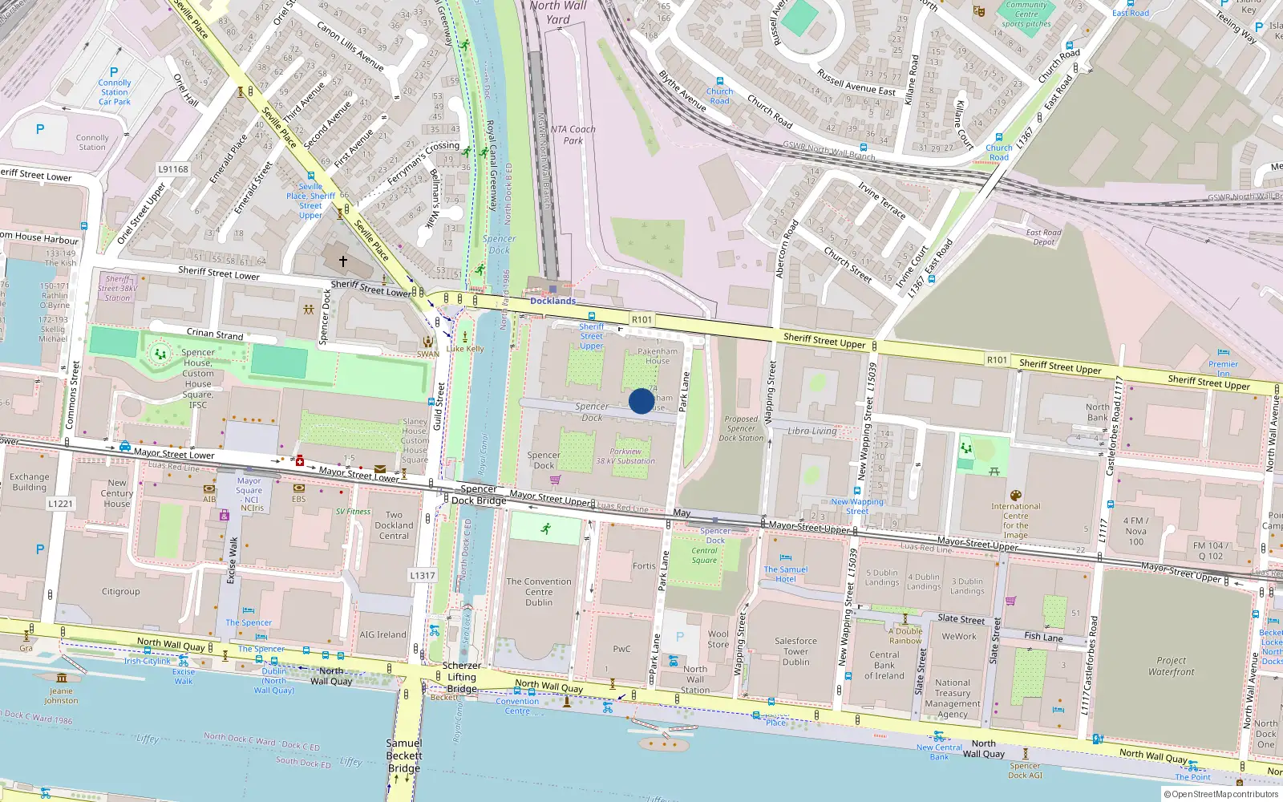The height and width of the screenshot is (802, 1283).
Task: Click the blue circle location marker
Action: (x=641, y=401)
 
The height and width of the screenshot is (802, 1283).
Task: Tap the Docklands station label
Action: (x=552, y=301)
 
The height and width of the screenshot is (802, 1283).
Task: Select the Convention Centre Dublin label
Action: (x=539, y=592)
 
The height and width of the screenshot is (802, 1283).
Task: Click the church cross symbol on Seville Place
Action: (x=342, y=261)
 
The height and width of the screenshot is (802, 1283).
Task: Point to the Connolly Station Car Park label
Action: (x=115, y=91)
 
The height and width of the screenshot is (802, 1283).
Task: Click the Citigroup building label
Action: (x=120, y=592)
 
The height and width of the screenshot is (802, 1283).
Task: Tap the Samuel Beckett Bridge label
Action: (x=404, y=755)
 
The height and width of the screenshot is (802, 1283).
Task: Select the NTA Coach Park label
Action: (x=573, y=135)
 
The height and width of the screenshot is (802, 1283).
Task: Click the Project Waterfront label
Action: (x=1171, y=666)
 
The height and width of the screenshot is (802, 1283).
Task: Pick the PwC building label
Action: (x=621, y=649)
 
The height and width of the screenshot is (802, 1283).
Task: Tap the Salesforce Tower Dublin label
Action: (x=795, y=651)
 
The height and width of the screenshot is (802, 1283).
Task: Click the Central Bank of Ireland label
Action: (x=884, y=665)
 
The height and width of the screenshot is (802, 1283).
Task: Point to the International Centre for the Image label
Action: (x=1015, y=520)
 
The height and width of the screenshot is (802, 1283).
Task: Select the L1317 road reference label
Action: (x=422, y=575)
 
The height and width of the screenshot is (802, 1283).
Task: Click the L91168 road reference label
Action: (x=172, y=169)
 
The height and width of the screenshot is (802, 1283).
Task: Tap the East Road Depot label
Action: (x=1043, y=237)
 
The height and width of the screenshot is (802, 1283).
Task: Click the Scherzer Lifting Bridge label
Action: (x=462, y=677)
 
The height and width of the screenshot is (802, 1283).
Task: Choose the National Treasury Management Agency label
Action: (x=953, y=698)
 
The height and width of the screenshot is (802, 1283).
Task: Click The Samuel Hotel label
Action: (x=785, y=574)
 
